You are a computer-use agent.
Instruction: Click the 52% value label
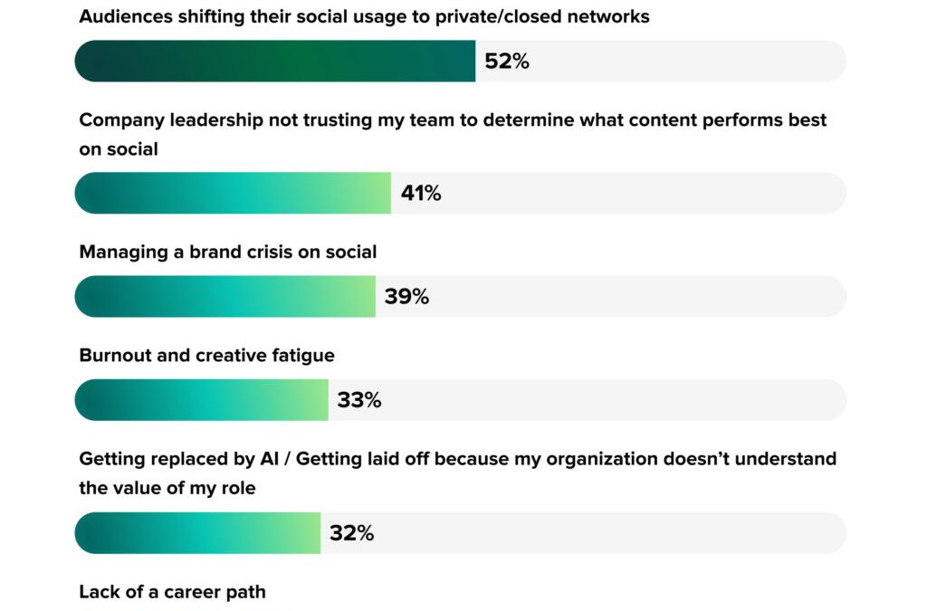click(x=507, y=62)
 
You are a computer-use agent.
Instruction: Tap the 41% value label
click(x=421, y=193)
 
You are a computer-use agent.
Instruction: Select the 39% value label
click(x=406, y=297)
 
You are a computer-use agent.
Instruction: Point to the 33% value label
click(x=359, y=400)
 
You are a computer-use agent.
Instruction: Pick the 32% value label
click(x=351, y=533)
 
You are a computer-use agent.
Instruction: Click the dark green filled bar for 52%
click(x=275, y=62)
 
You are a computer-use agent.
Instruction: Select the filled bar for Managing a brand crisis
click(x=225, y=297)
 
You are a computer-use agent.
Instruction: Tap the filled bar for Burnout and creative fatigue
click(x=201, y=400)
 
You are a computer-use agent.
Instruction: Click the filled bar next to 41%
click(x=233, y=193)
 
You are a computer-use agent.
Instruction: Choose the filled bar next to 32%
click(x=197, y=533)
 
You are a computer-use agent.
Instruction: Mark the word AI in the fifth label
click(x=269, y=460)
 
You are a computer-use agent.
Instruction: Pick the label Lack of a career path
click(x=172, y=592)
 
